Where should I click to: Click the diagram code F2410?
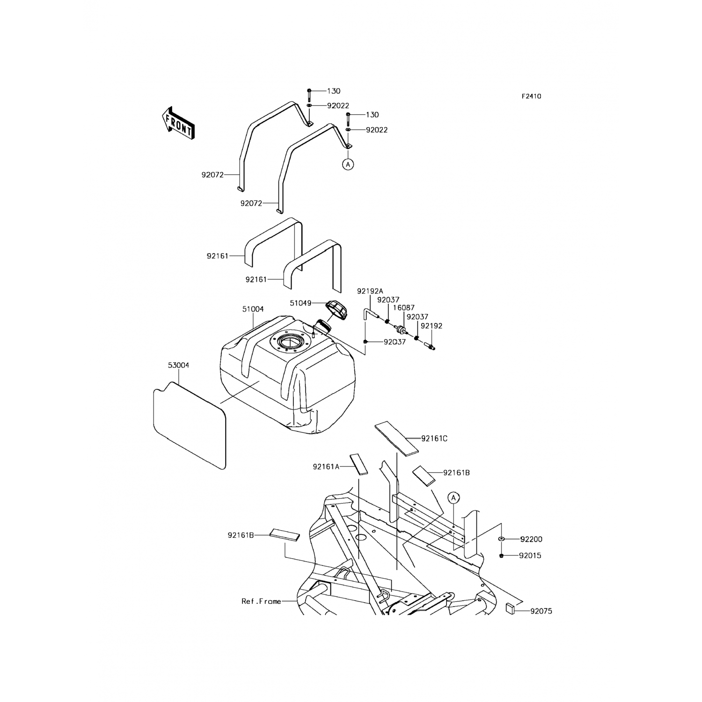[531, 96]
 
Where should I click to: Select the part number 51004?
[253, 309]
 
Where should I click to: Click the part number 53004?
[178, 365]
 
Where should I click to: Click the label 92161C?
[434, 439]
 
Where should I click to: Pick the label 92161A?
[326, 467]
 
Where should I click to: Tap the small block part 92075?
[511, 609]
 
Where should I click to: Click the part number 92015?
[530, 556]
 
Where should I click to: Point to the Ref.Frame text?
[261, 601]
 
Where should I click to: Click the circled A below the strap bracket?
[347, 164]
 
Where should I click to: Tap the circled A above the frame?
[453, 498]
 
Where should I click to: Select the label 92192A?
[370, 291]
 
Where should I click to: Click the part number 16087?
[403, 308]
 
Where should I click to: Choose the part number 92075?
[541, 611]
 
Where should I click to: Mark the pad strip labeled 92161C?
[397, 438]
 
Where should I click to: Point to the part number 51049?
[300, 303]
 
